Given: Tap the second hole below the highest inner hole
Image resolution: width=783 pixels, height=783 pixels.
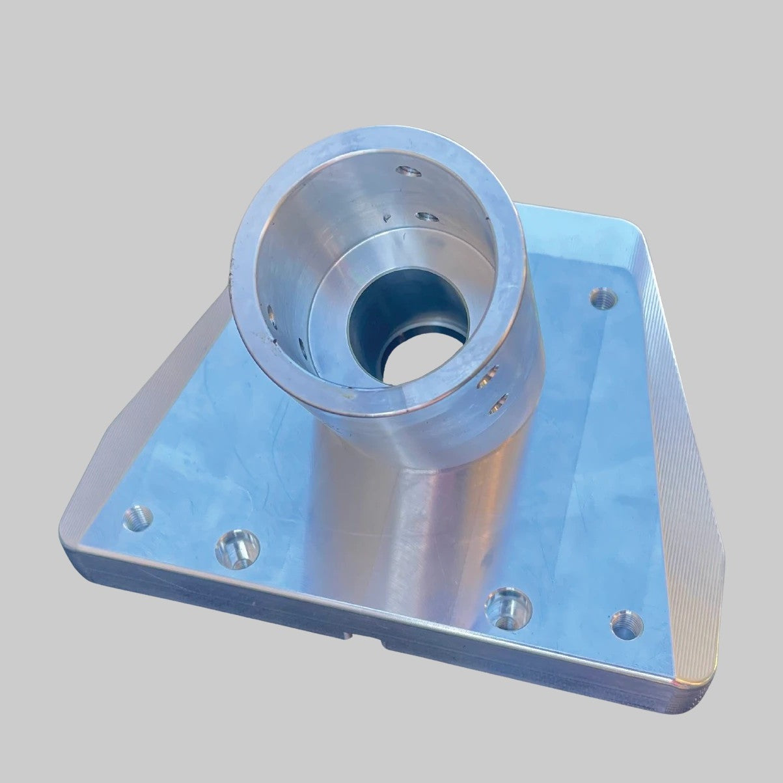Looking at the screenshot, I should (x=426, y=217).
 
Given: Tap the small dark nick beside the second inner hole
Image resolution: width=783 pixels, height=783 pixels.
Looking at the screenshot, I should (x=389, y=219).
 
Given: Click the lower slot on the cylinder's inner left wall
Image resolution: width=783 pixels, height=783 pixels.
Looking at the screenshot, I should (x=301, y=344).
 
